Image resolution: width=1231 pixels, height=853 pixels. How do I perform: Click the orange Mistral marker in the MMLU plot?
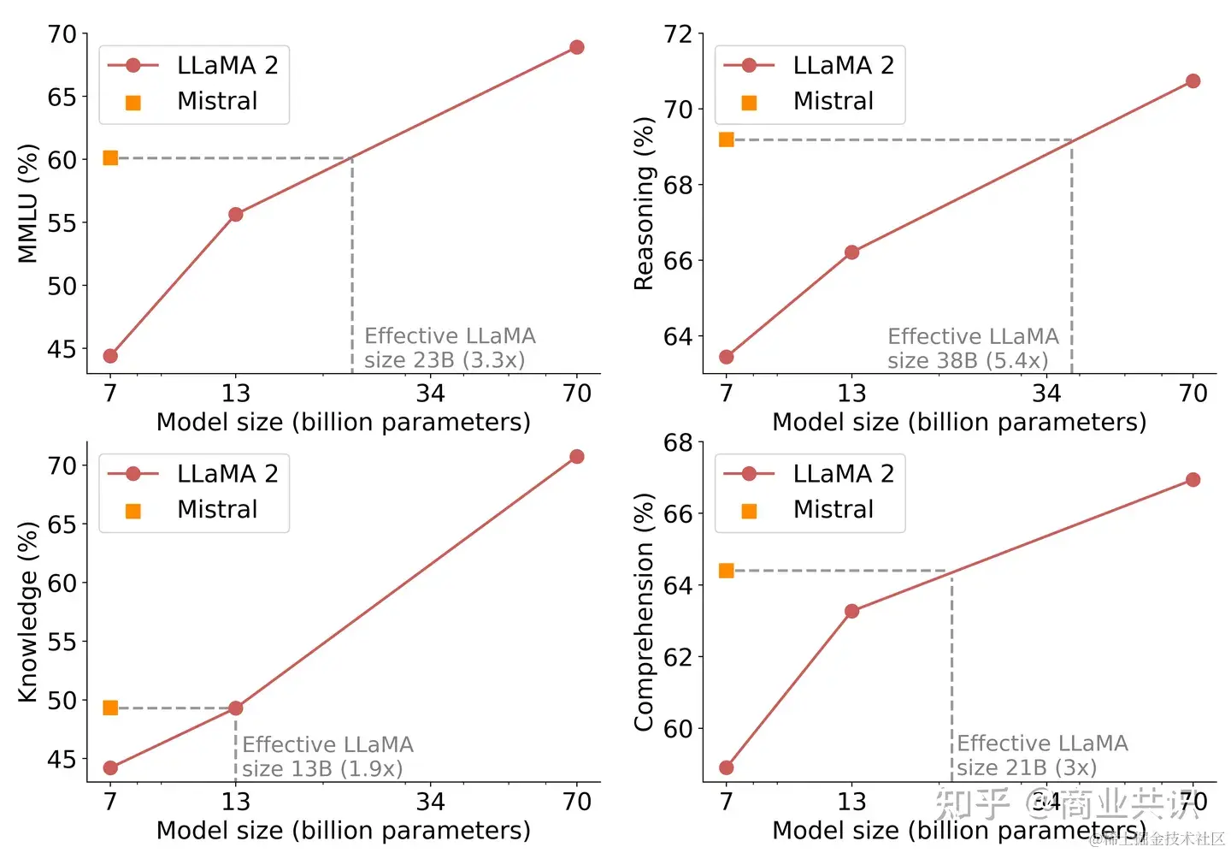point(110,157)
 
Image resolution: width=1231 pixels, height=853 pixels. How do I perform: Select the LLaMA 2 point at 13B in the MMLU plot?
point(236,214)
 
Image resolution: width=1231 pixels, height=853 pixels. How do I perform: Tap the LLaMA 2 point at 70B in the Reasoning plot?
point(1193,81)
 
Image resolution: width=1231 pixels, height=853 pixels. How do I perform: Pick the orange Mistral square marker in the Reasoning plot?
point(727,139)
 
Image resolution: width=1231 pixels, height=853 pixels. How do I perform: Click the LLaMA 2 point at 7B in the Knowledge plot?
point(110,768)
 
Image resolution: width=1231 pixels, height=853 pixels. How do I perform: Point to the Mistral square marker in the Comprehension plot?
point(727,571)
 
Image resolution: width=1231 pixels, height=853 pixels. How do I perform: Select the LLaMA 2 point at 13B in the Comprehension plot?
point(851,611)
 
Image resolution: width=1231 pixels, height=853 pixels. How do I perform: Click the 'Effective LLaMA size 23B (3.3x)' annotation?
point(449,347)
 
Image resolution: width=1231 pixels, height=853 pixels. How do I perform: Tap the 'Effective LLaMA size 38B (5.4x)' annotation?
point(972,348)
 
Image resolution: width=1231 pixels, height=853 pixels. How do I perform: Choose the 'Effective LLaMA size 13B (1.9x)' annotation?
point(327,756)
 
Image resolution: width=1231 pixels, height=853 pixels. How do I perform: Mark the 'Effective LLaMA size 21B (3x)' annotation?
point(1041,755)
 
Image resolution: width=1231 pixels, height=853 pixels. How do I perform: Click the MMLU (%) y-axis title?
point(28,204)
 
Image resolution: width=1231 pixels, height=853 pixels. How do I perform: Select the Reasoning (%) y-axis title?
point(644,204)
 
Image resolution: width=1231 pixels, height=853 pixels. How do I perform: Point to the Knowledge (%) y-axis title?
point(28,612)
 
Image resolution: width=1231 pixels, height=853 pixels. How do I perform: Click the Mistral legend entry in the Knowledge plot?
point(216,510)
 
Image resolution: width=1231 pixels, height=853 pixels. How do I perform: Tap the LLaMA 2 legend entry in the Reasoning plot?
point(843,65)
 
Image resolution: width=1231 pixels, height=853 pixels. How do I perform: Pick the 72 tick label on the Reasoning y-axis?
point(678,34)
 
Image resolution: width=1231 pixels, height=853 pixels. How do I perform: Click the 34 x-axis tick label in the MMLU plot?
point(430,394)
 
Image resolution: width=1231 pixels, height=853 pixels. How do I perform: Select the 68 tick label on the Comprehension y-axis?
point(678,443)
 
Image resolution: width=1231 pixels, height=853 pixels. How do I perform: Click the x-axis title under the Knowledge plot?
point(343,831)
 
